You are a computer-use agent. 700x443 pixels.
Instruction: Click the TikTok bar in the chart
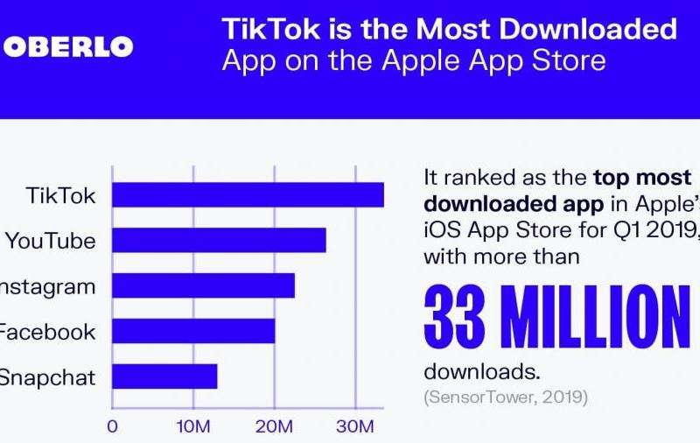(x=248, y=194)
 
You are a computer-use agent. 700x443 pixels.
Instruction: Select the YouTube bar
(x=219, y=240)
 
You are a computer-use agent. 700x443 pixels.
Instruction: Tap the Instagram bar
(x=203, y=285)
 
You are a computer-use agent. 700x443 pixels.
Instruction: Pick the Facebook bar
(x=193, y=331)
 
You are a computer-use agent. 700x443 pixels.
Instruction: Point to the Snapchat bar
(x=164, y=376)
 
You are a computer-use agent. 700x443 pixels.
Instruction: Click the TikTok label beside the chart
(x=61, y=195)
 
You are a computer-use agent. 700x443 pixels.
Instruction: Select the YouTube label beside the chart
(x=51, y=241)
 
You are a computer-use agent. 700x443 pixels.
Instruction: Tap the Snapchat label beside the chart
(x=47, y=377)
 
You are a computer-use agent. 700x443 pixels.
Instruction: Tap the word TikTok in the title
(x=262, y=29)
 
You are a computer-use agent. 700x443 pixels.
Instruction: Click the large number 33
(x=455, y=317)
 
